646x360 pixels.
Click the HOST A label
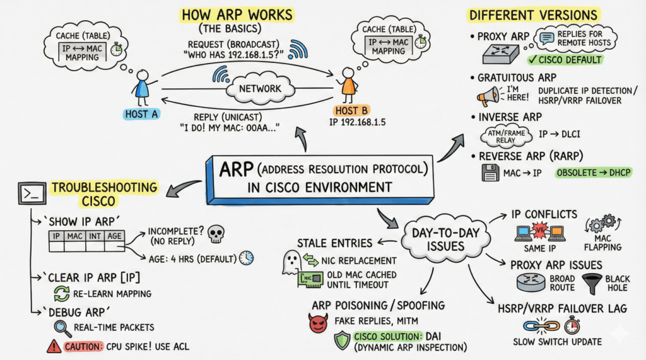pos(141,113)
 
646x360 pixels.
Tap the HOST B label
pos(348,111)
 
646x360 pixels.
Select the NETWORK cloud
pos(259,88)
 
